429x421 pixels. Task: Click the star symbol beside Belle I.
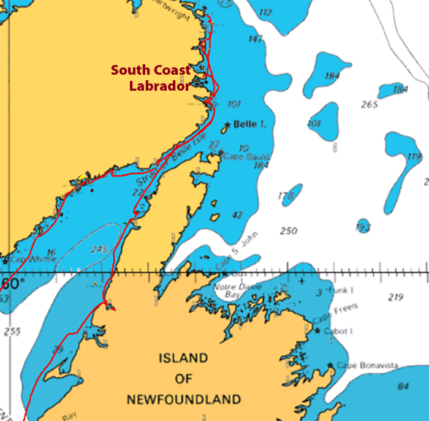point(226,126)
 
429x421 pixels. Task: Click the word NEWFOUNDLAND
point(183,400)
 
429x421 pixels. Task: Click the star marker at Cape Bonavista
point(331,365)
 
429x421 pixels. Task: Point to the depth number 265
point(370,105)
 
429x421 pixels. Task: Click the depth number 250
point(289,231)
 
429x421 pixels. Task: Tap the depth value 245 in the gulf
point(99,249)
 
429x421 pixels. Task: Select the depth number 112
point(265,12)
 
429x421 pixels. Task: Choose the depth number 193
point(363,227)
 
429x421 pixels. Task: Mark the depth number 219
point(395,297)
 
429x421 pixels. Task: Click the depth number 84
point(403,386)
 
